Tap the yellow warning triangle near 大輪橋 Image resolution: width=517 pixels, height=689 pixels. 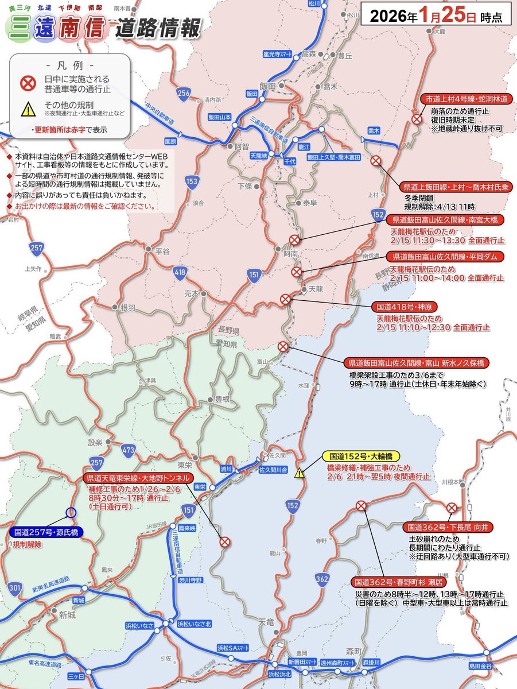(x=300, y=474)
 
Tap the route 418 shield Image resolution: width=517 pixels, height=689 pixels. (x=181, y=271)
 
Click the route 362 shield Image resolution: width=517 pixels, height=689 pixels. (x=322, y=579)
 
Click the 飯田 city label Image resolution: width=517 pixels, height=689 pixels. (x=267, y=86)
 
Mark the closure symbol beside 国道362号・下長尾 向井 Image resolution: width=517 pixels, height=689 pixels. (x=452, y=508)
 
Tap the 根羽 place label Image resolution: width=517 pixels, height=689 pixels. (x=127, y=308)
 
